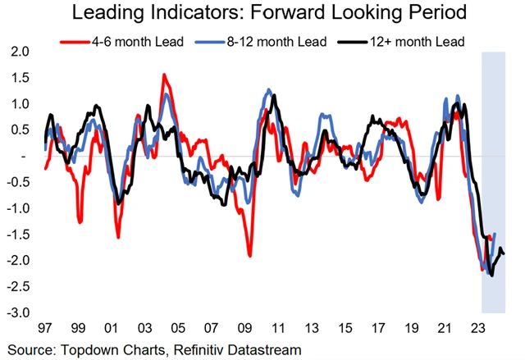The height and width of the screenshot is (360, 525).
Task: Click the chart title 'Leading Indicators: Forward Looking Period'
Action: click(x=262, y=13)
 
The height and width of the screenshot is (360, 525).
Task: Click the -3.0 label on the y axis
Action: click(x=18, y=313)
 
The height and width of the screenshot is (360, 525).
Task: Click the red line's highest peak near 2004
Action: click(x=164, y=75)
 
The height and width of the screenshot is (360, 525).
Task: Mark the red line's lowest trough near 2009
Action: click(x=249, y=256)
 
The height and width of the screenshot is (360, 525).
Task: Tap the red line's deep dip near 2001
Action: click(x=117, y=237)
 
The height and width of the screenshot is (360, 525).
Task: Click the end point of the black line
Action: click(x=504, y=253)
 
